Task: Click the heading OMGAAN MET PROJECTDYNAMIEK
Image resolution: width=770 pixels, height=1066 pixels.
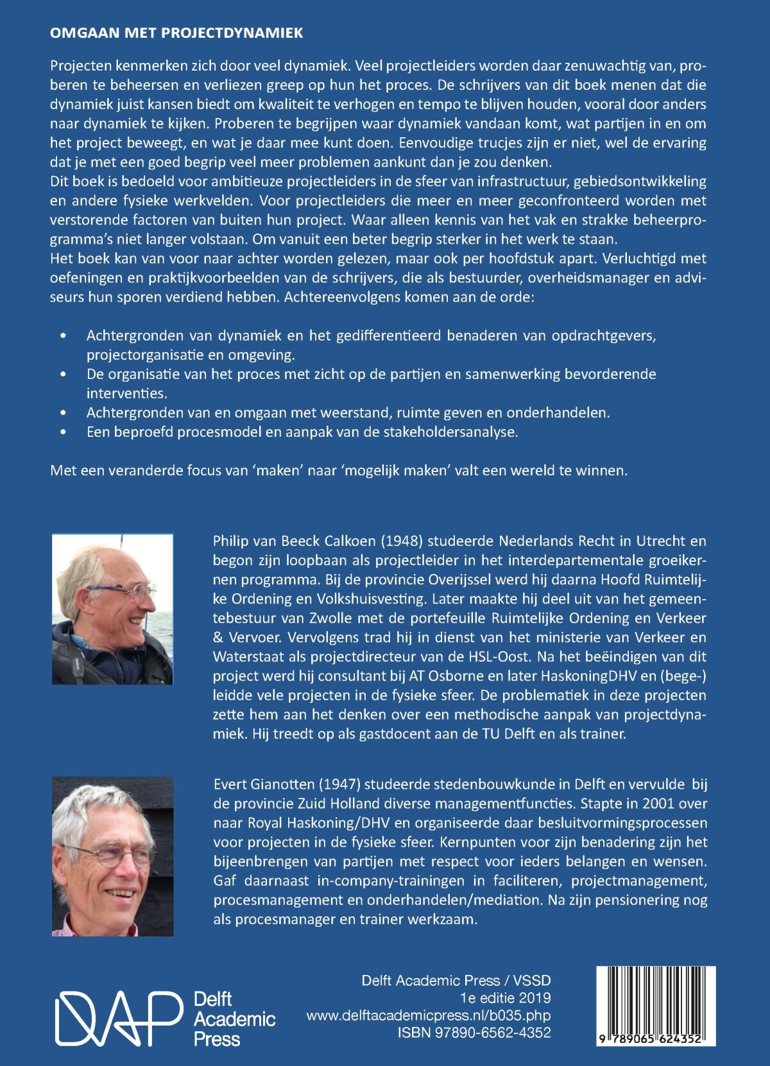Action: (176, 33)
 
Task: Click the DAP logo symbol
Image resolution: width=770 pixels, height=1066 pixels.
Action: (119, 1019)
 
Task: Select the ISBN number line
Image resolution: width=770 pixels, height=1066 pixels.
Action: (474, 1033)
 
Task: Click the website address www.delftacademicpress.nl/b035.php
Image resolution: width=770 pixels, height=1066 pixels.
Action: (428, 1015)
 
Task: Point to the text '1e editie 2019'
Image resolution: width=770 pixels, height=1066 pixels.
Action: (505, 998)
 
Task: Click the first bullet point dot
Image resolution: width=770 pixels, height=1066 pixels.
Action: (63, 336)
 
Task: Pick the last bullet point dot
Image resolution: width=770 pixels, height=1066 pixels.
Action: (63, 432)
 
